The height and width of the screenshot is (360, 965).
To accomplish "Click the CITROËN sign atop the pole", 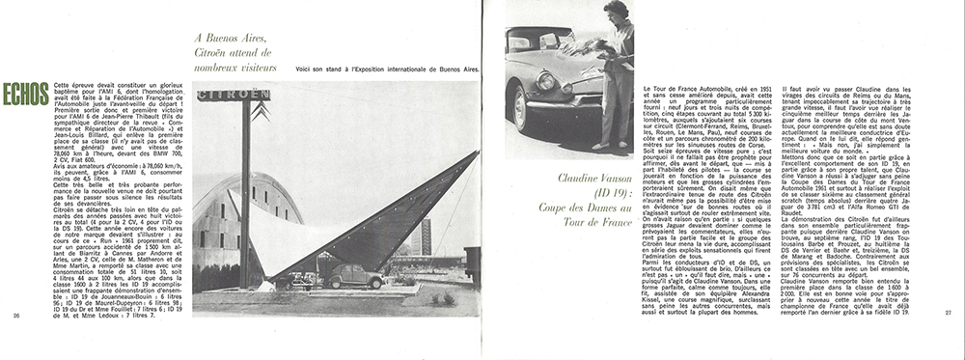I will coord(234,95).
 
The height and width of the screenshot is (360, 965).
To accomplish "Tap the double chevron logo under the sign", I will coord(259,113).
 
